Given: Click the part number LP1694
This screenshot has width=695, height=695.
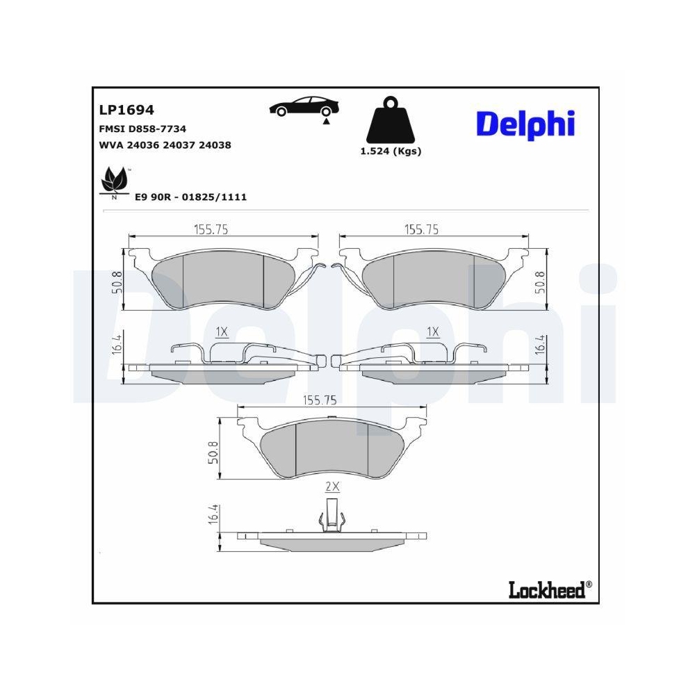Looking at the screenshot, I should [126, 111].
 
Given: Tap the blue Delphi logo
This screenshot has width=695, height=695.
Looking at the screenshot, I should [525, 124].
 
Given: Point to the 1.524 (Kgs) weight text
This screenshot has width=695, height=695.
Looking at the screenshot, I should [391, 152].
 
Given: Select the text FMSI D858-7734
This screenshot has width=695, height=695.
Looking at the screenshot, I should [143, 129].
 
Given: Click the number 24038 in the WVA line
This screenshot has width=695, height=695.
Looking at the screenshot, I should [215, 145].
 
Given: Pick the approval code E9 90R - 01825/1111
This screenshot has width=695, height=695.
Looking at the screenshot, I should [190, 197].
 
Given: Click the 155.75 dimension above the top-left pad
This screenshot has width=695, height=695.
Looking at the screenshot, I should [211, 229].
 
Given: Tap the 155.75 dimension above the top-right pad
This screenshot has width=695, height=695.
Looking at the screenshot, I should [421, 229].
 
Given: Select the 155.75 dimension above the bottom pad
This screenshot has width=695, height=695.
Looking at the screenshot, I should [320, 400].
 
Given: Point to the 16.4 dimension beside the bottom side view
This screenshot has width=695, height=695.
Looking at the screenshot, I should [214, 516].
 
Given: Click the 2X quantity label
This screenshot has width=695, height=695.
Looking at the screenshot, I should [332, 487].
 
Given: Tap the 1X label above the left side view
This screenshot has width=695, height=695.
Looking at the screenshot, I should [222, 332].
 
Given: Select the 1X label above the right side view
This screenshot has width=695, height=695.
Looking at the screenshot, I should [433, 332].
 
